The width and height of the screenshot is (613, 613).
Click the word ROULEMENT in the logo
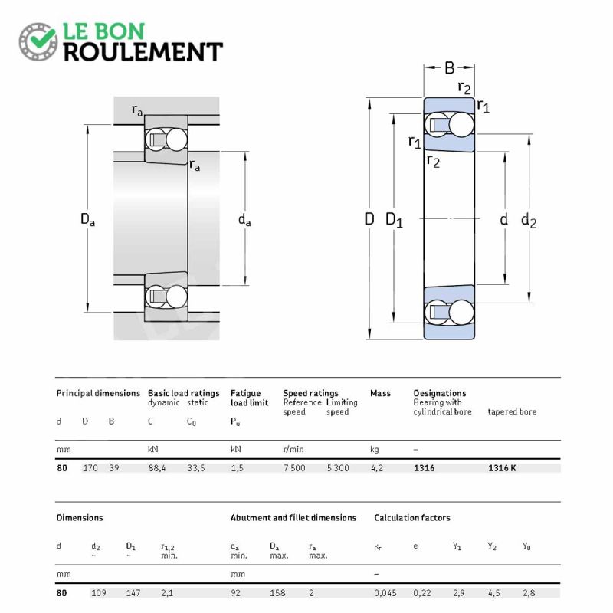pos(143,52)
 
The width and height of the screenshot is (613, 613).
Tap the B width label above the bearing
pos(450,68)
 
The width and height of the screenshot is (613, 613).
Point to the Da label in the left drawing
pos(87,219)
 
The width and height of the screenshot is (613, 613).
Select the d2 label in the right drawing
pos(529,220)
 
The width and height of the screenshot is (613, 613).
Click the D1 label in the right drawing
pos(394,220)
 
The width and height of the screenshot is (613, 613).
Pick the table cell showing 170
pos(90,468)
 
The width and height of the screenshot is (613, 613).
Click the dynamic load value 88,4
pos(157,468)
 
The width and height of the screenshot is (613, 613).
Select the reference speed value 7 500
pos(294,468)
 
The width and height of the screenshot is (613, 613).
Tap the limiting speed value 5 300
pos(338,468)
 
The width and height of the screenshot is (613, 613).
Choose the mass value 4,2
pos(377,468)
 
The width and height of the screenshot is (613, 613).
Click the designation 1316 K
pos(502,468)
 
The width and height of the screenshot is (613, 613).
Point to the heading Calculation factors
pos(412,518)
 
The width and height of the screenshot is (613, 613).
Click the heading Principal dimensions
pos(98,393)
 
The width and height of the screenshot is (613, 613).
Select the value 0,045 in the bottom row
pos(385,593)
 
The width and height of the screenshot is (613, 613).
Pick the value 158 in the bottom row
pos(277,593)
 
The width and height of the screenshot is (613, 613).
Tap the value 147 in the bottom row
pos(133,593)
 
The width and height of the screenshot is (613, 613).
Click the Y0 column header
pos(526,546)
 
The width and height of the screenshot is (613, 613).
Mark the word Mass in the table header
pos(380,393)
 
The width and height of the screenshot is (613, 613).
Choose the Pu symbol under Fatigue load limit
pos(235,422)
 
